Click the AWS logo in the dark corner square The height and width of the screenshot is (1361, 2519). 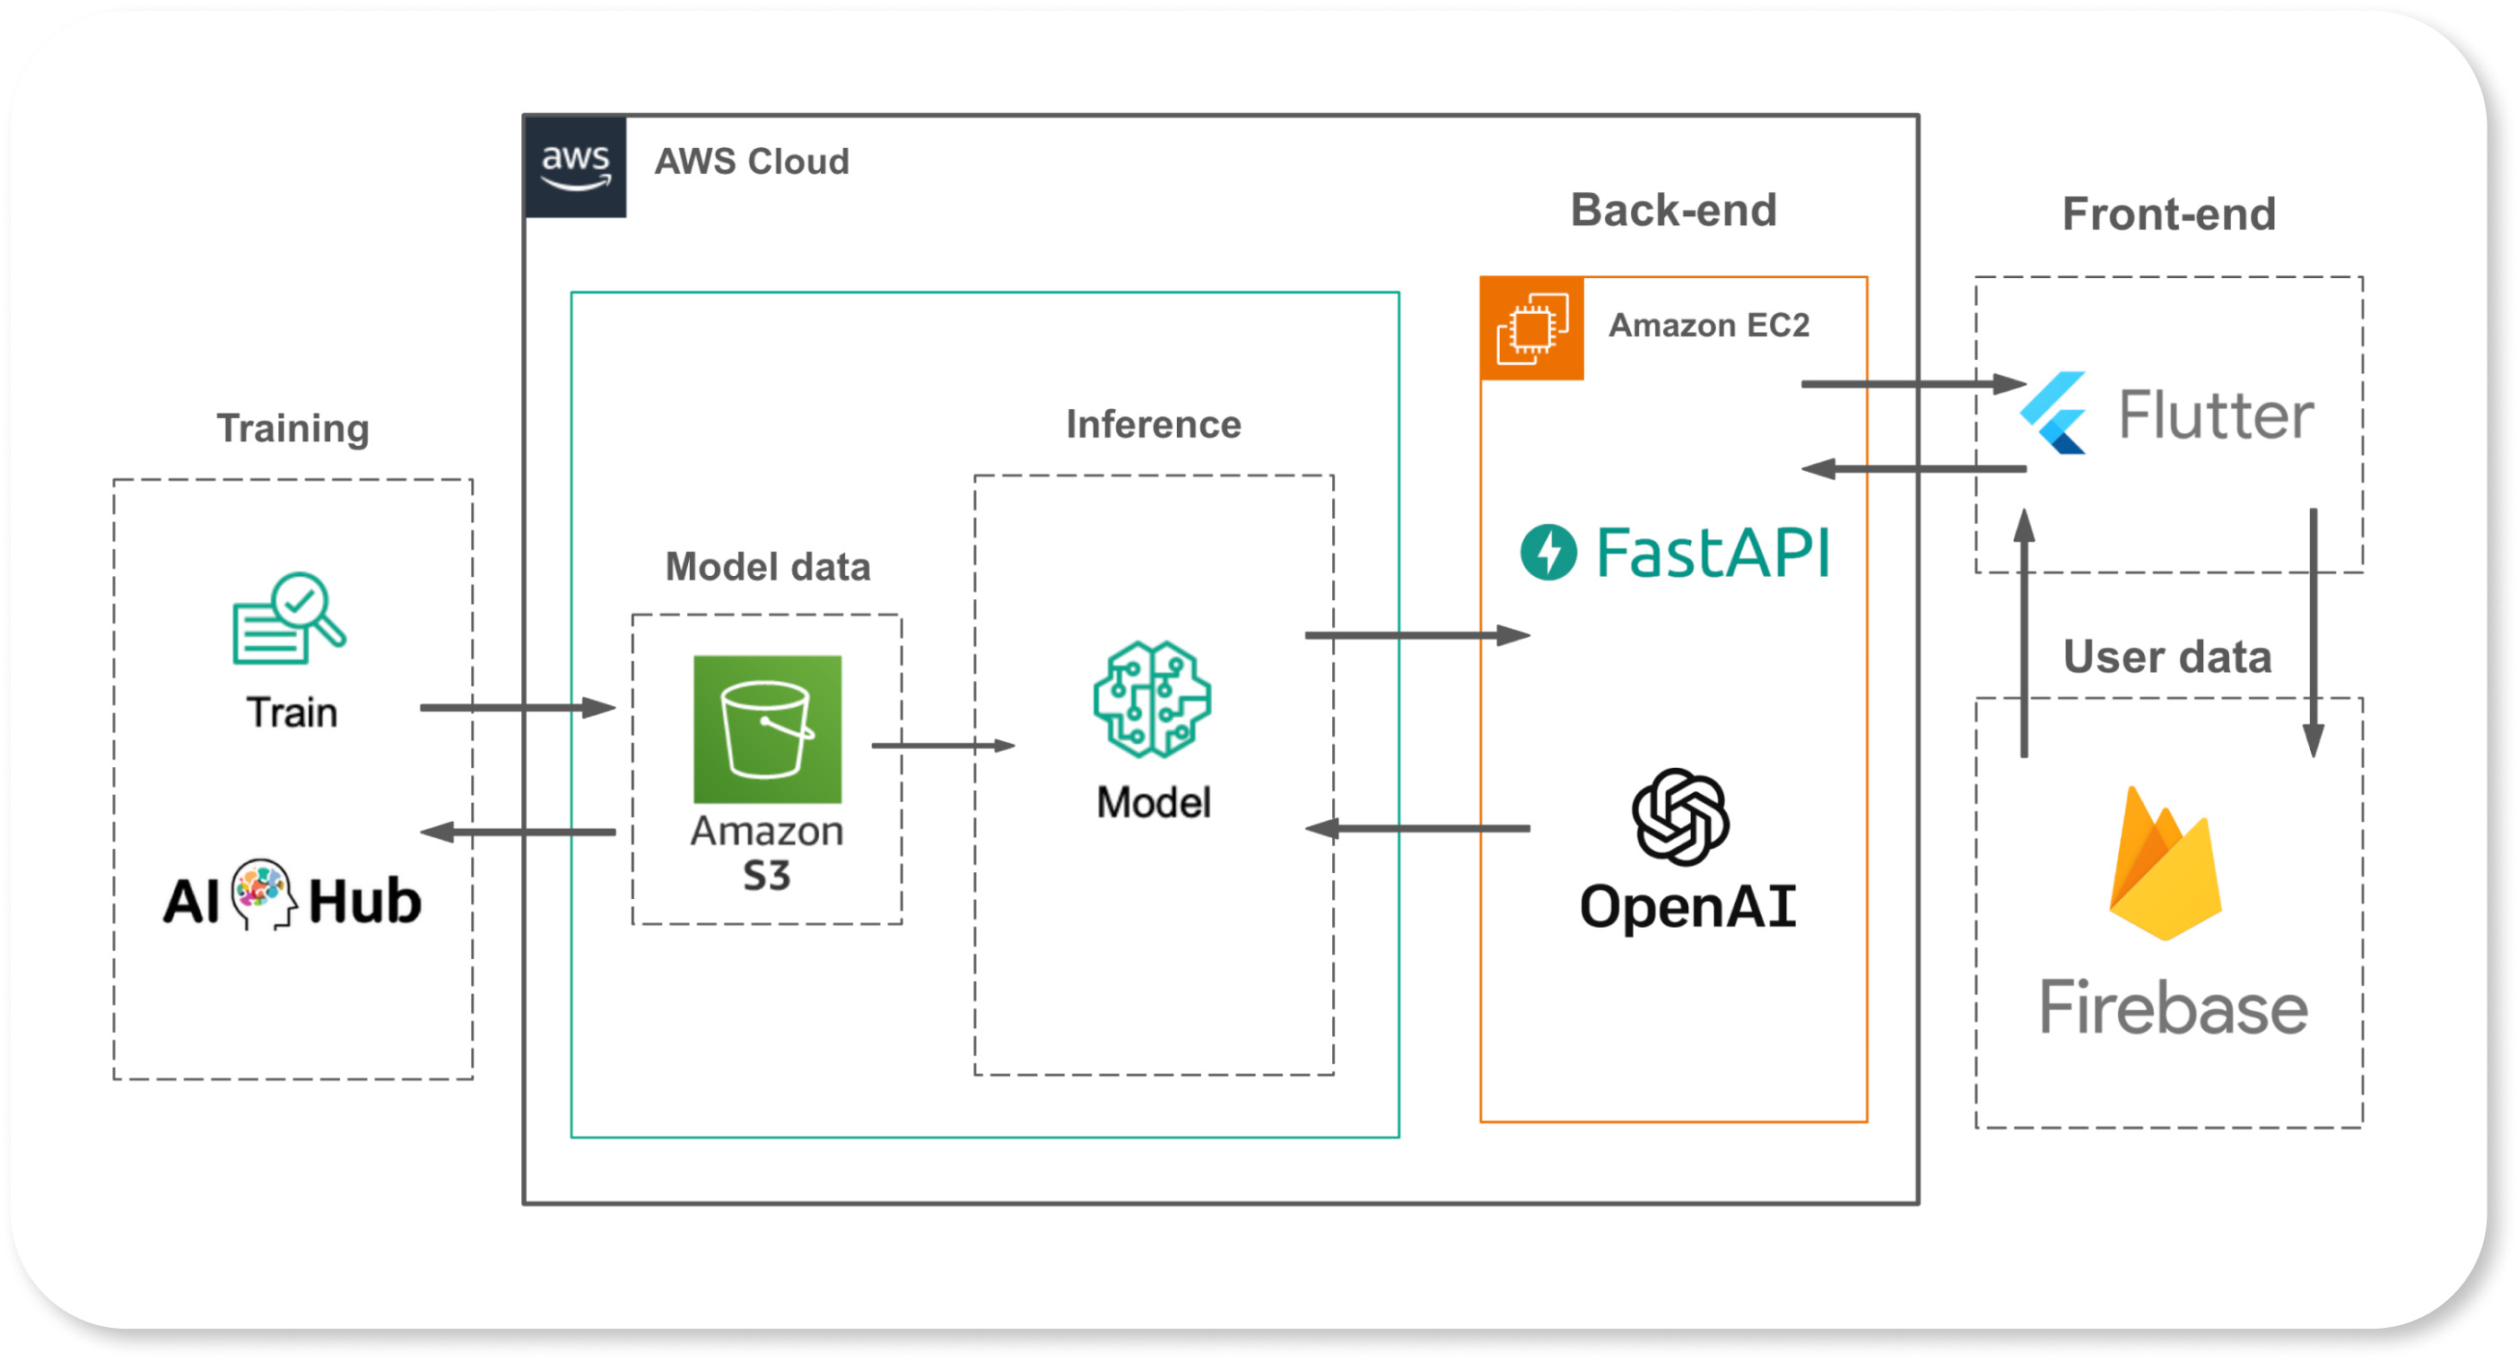click(x=576, y=167)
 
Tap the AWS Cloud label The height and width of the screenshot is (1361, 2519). click(x=752, y=161)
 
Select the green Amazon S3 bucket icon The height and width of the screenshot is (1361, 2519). click(x=768, y=729)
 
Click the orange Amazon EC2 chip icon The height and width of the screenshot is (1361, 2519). click(x=1532, y=328)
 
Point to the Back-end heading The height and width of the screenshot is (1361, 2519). click(x=1673, y=210)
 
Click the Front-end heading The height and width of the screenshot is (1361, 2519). click(x=2169, y=214)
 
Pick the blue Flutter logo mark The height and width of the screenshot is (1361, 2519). click(x=2053, y=413)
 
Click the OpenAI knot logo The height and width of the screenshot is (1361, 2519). click(x=1681, y=817)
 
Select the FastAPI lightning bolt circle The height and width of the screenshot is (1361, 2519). click(x=1548, y=553)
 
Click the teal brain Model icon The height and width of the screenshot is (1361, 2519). click(x=1153, y=699)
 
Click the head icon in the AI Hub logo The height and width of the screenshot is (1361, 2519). click(x=263, y=894)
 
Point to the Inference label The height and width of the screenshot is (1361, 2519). click(x=1153, y=424)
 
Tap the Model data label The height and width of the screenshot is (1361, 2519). click(x=768, y=567)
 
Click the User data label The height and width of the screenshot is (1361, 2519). click(x=2167, y=657)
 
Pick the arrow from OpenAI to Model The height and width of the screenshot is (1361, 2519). click(x=1418, y=829)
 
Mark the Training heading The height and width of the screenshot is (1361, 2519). click(x=293, y=428)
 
